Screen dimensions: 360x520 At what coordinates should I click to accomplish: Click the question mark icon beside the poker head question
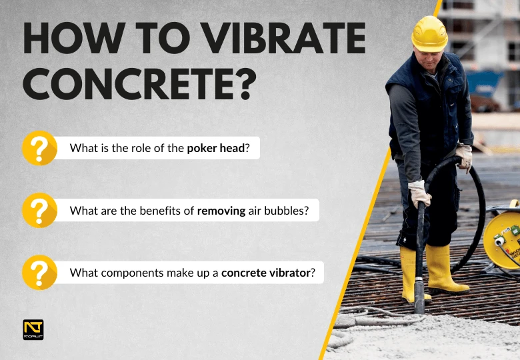pyautogui.click(x=39, y=148)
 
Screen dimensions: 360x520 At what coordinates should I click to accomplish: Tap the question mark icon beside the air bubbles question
pyautogui.click(x=39, y=211)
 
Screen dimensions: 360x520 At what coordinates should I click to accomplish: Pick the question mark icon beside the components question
pyautogui.click(x=39, y=272)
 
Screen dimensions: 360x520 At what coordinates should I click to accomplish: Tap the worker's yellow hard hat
pyautogui.click(x=429, y=32)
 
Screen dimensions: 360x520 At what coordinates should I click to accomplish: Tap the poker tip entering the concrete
pyautogui.click(x=419, y=303)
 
